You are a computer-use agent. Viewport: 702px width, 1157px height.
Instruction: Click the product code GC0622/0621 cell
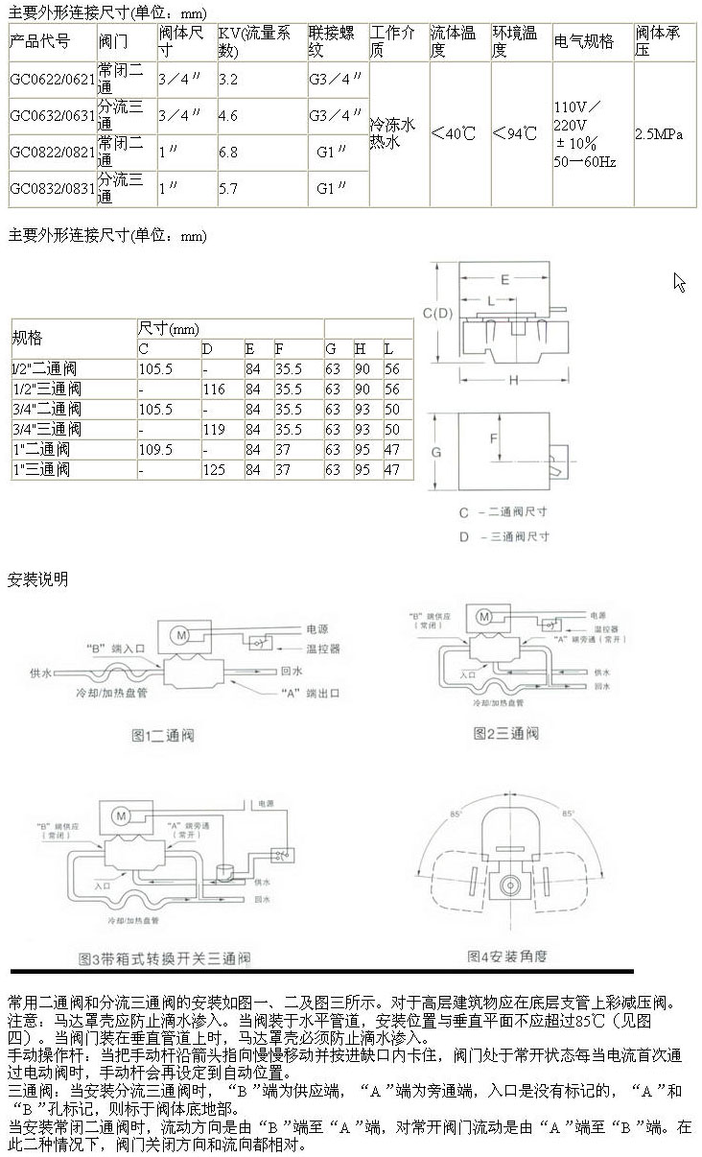(x=52, y=80)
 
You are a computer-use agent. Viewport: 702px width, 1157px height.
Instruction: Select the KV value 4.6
(x=228, y=115)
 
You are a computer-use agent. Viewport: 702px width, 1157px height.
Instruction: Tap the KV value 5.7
(x=228, y=189)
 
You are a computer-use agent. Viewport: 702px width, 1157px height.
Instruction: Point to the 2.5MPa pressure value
(x=659, y=134)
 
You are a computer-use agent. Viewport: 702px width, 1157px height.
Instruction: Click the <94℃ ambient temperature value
(x=514, y=133)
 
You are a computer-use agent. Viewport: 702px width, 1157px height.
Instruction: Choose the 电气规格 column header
(x=584, y=42)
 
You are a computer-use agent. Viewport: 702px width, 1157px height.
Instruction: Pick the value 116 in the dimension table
(x=213, y=390)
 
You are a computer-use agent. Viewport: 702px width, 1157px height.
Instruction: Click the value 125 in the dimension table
(x=213, y=470)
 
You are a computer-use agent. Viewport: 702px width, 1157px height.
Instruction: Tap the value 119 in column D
(x=213, y=430)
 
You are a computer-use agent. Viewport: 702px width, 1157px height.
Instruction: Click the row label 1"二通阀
(x=41, y=450)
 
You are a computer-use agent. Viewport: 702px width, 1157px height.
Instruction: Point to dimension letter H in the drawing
(x=514, y=381)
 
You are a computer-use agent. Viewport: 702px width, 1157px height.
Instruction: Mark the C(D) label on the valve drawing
(x=437, y=313)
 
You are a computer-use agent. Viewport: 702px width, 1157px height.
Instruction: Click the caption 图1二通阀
(x=163, y=736)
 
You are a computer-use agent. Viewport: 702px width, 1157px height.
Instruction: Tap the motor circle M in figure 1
(x=178, y=633)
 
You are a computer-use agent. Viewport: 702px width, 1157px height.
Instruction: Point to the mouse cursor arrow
(x=678, y=280)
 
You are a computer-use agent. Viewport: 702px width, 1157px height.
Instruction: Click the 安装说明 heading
(x=38, y=578)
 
